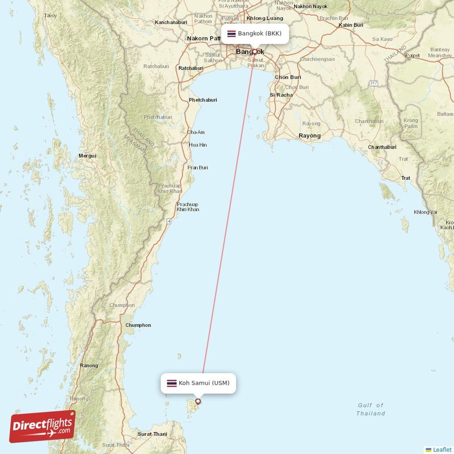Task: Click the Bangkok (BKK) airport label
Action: [x=259, y=33]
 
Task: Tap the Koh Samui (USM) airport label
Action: [x=204, y=383]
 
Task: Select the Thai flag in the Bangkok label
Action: [x=232, y=34]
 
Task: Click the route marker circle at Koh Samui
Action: [x=198, y=401]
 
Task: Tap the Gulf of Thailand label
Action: [x=371, y=409]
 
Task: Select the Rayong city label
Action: [x=310, y=136]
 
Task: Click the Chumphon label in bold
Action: [x=138, y=325]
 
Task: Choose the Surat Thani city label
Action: [x=153, y=434]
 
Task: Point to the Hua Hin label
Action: [x=197, y=145]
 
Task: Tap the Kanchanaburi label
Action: [x=171, y=23]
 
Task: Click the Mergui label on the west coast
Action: [x=87, y=155]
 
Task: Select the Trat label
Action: [x=406, y=178]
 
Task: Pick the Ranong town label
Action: [x=90, y=365]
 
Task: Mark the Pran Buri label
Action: [x=198, y=167]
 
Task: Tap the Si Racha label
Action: [x=281, y=95]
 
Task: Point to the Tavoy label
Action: [x=51, y=16]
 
